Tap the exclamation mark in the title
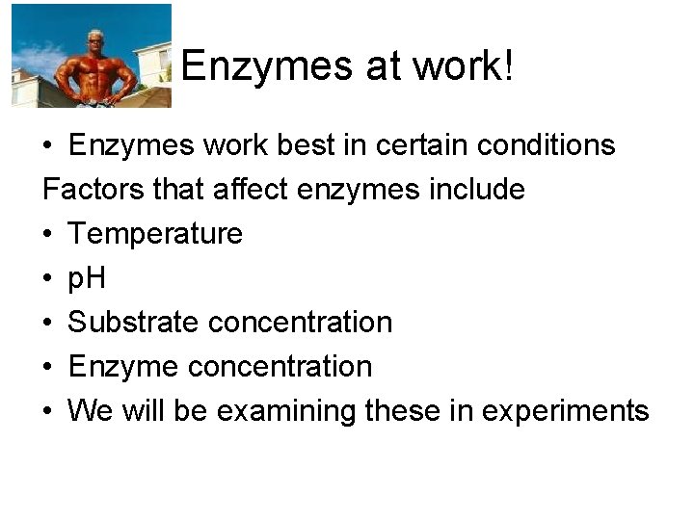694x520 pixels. pos(507,66)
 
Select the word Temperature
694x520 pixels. pos(155,234)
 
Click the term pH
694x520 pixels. pos(87,278)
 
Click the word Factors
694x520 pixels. pos(93,190)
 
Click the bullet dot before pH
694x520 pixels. pos(48,279)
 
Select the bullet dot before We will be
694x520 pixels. pos(48,412)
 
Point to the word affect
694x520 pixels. pos(251,190)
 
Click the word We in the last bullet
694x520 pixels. pos(91,411)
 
